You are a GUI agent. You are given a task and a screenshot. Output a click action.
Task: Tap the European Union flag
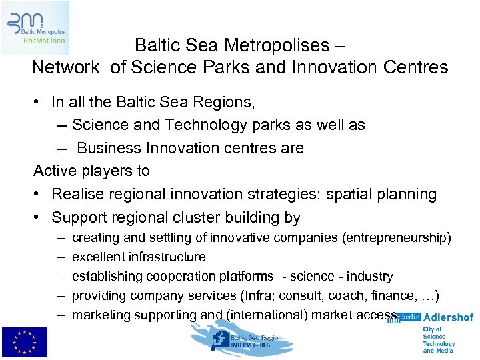(x=25, y=343)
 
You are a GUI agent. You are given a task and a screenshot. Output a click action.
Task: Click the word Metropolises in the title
(x=279, y=45)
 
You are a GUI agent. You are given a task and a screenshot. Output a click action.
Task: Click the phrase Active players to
(x=92, y=171)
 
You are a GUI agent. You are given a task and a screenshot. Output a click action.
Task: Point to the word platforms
(x=248, y=276)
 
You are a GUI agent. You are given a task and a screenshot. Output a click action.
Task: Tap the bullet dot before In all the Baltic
(x=41, y=102)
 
